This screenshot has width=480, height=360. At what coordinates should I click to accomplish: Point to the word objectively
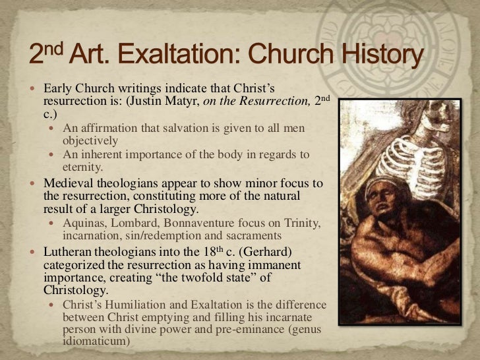[x=90, y=140]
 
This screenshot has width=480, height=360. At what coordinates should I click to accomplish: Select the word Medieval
[x=69, y=183]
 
